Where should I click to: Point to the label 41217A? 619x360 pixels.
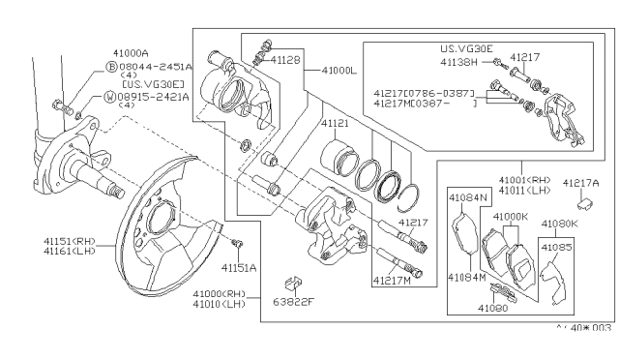pyautogui.click(x=581, y=181)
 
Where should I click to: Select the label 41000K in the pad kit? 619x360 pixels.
pyautogui.click(x=512, y=217)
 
